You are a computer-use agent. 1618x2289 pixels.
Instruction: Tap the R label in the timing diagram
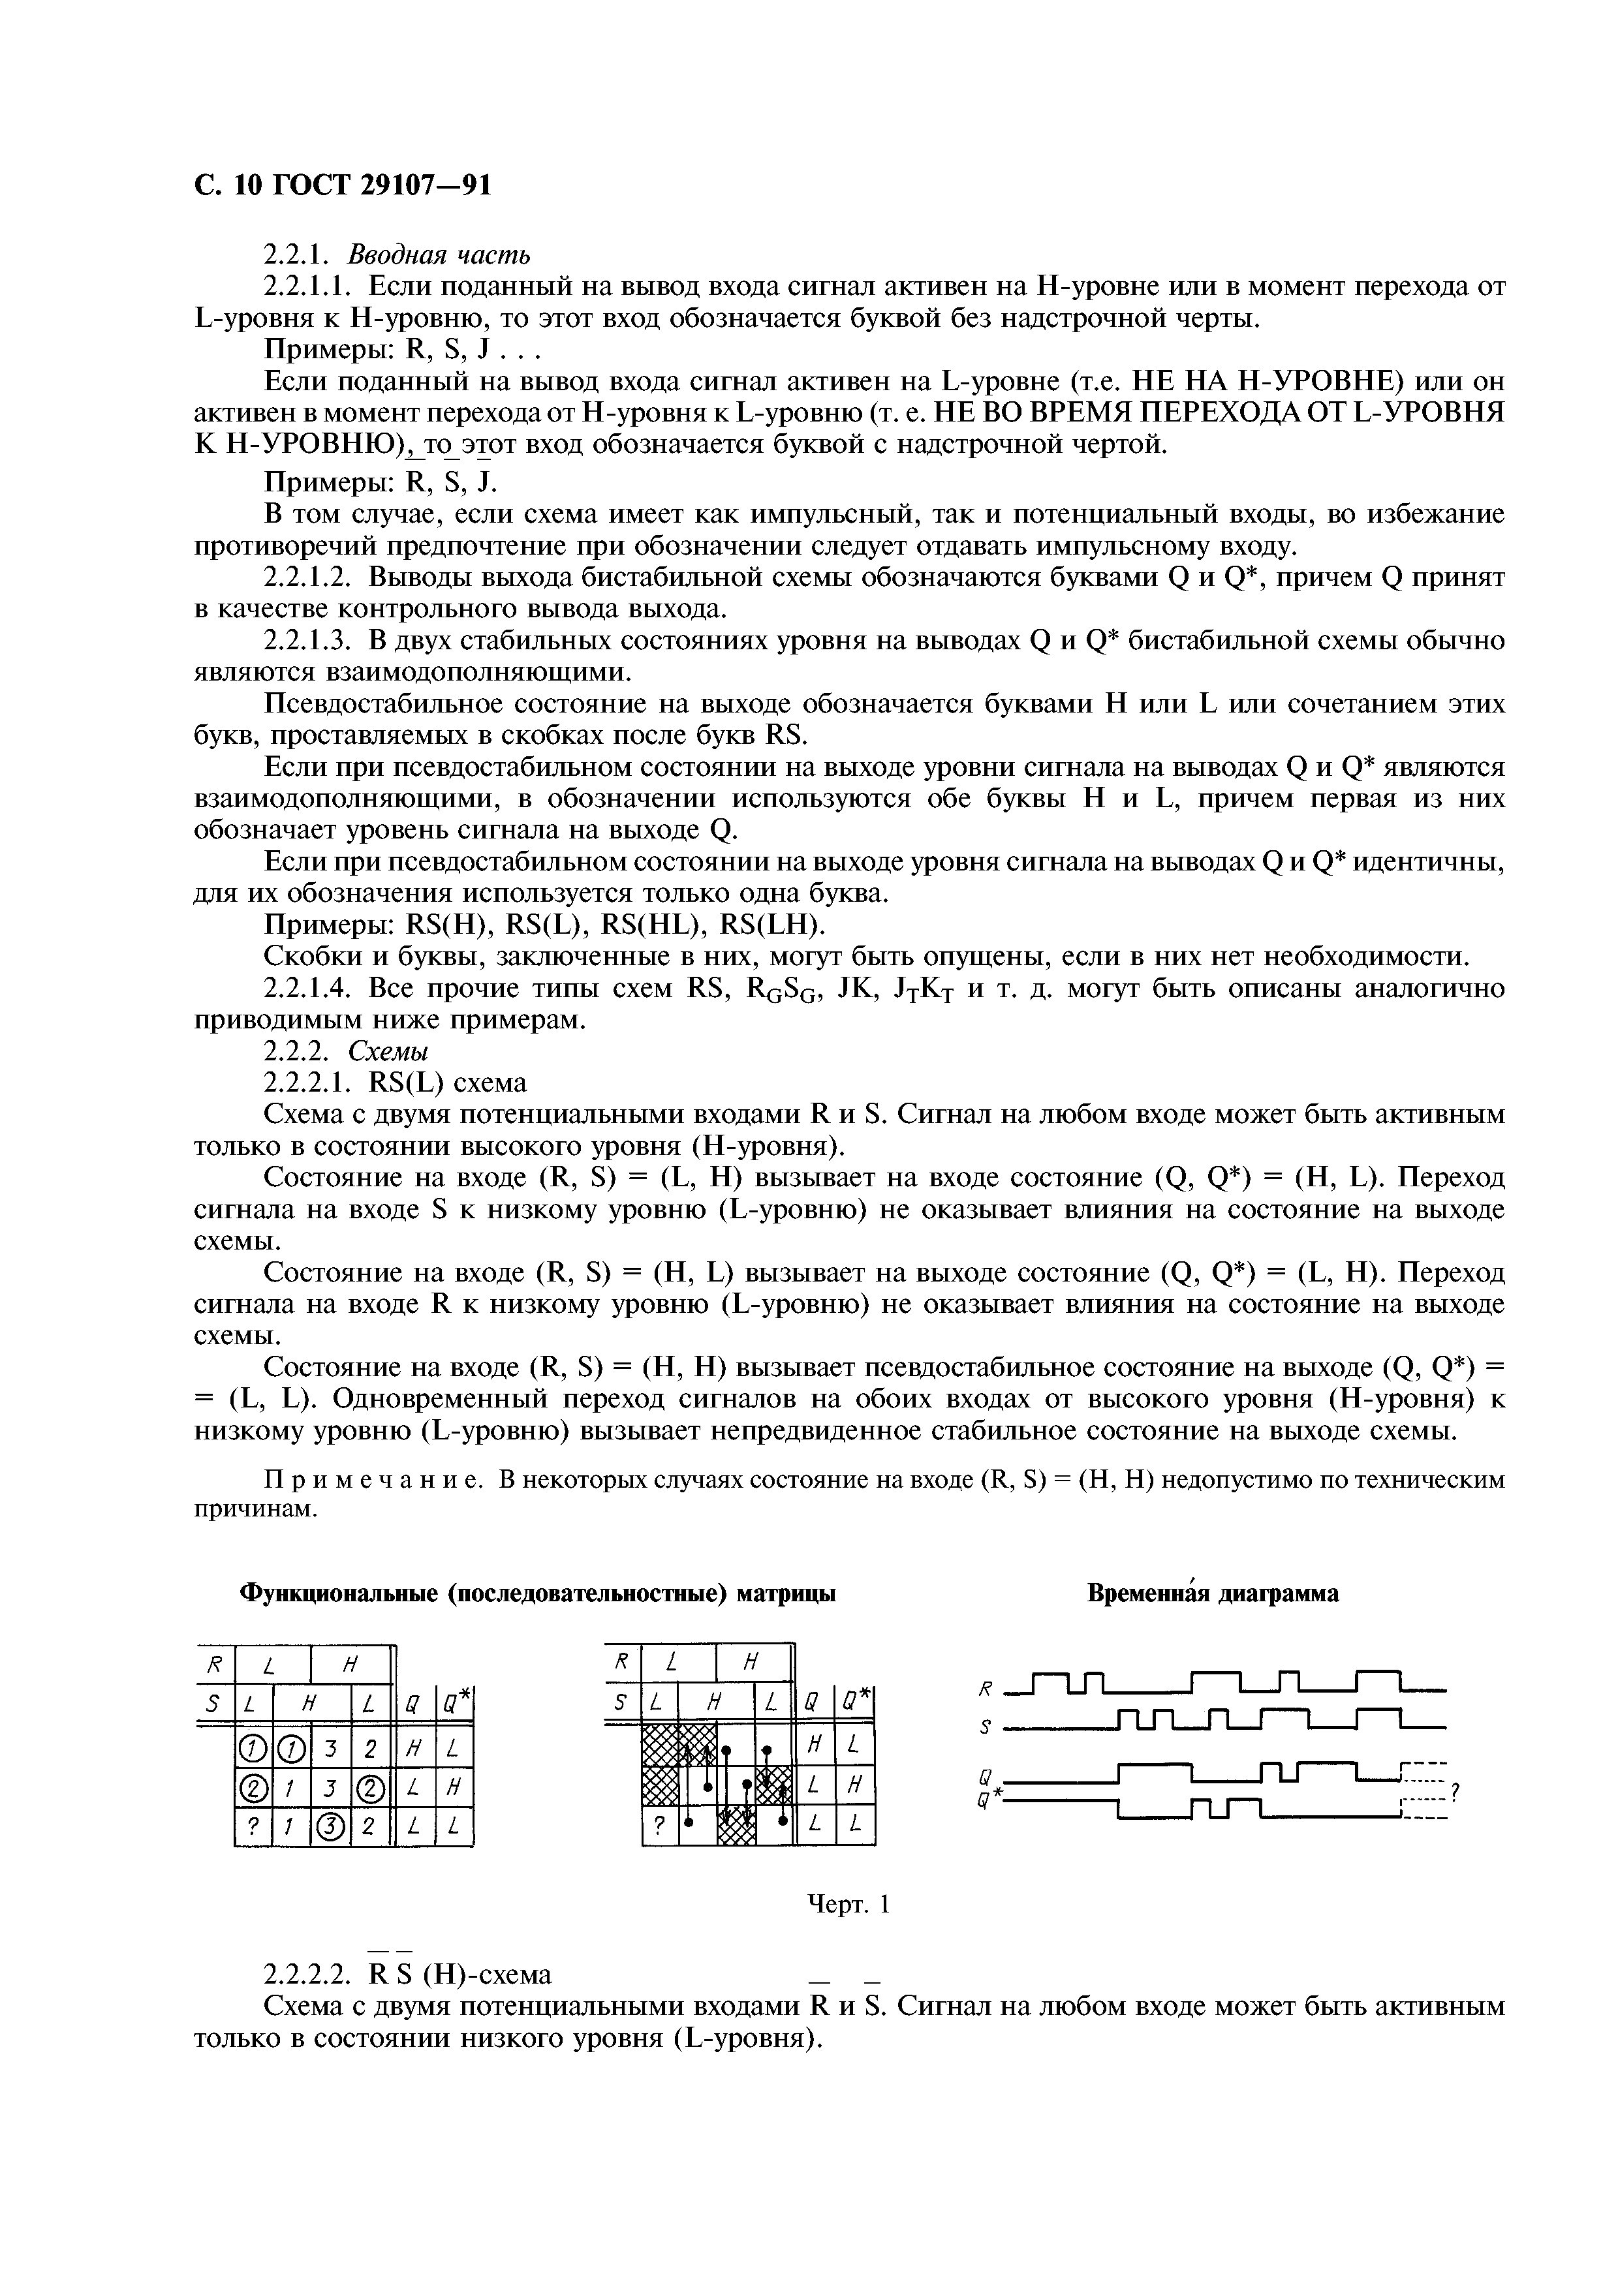(x=986, y=1689)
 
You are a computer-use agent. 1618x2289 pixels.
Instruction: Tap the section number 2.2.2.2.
(x=308, y=1975)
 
